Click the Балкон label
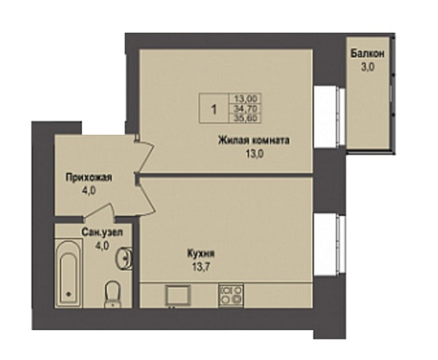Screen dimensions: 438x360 tap(367, 53)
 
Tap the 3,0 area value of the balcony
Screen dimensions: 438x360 tap(367, 67)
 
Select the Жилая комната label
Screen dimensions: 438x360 tap(253, 140)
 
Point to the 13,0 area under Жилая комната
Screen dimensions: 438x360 tap(255, 154)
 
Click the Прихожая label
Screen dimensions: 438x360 tap(89, 177)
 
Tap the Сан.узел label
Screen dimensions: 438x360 tap(102, 232)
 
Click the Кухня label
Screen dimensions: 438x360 tap(201, 254)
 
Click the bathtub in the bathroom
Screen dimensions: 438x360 tap(68, 273)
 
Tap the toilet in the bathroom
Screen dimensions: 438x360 tap(113, 295)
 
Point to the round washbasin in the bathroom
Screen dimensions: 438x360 tap(125, 258)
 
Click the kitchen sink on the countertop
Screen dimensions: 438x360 tap(178, 295)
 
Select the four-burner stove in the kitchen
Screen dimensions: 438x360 tap(231, 295)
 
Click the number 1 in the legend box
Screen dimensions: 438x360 tap(214, 109)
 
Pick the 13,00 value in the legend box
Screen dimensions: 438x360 tap(245, 99)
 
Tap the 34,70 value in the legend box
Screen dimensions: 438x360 tap(245, 108)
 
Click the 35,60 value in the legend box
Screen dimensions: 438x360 tap(245, 118)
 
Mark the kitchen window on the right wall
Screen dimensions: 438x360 tap(330, 245)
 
